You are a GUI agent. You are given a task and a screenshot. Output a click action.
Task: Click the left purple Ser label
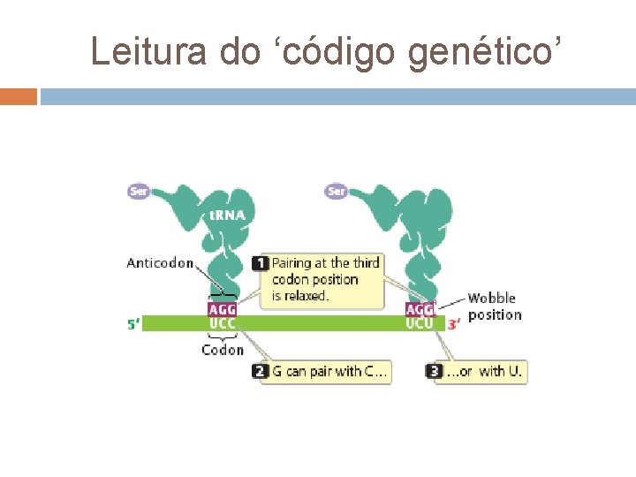pos(139,191)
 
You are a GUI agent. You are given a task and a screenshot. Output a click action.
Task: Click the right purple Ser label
pos(336,191)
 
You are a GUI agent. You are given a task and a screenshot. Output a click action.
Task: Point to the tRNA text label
pos(227,215)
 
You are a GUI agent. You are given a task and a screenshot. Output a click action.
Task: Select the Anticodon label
pos(160,262)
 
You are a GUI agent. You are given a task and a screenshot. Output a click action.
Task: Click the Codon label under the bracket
pos(222,350)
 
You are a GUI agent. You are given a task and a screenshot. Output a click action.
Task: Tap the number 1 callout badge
pos(260,262)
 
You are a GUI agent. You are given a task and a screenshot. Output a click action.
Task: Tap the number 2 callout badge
pos(260,371)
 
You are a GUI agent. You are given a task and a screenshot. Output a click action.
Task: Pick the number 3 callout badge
pos(434,371)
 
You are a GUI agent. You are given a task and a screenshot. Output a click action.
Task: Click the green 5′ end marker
pos(132,324)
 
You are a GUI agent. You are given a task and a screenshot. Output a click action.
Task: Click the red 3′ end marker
pos(453,324)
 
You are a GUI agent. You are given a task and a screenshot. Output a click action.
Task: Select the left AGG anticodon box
pos(222,310)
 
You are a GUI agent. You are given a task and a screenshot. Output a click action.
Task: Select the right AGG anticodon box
pos(420,310)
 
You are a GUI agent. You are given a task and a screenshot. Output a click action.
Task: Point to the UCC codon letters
pos(222,323)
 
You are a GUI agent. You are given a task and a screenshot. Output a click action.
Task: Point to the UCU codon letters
pos(420,323)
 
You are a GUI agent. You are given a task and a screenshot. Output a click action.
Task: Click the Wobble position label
pos(494,307)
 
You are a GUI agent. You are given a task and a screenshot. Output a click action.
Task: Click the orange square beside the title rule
pos(19,96)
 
